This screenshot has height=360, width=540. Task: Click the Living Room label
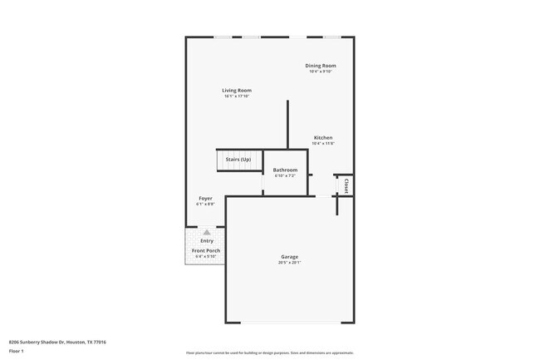click(237, 90)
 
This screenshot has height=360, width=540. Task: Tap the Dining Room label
click(320, 65)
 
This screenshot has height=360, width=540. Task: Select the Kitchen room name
click(323, 137)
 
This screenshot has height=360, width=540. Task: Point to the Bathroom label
click(285, 170)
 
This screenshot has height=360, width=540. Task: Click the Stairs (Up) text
click(238, 159)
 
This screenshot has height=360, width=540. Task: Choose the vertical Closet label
click(346, 185)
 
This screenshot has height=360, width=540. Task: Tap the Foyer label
click(205, 198)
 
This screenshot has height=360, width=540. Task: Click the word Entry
click(206, 241)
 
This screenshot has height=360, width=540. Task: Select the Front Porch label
click(206, 250)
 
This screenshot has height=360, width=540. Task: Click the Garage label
click(289, 257)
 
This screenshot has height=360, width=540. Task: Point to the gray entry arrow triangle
click(206, 233)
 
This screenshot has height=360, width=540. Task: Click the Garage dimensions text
click(289, 263)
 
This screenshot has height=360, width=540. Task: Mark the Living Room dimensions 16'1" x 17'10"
click(237, 96)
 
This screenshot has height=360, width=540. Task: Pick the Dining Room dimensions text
click(320, 72)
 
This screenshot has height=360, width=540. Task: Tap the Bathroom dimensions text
click(285, 175)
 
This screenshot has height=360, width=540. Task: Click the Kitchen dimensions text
click(323, 144)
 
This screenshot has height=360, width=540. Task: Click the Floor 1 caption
click(17, 352)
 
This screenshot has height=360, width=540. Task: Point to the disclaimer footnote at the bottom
click(270, 353)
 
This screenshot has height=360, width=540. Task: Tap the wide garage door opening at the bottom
click(290, 323)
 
